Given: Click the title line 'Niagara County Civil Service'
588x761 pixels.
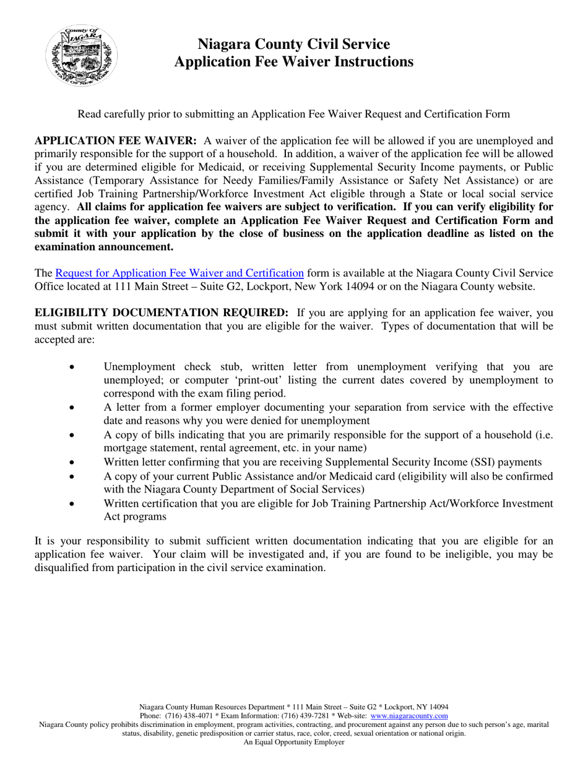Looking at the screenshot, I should [293, 44].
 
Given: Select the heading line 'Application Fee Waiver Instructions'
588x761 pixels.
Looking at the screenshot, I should [293, 62].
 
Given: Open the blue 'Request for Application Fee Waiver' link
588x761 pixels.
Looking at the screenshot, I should [179, 273].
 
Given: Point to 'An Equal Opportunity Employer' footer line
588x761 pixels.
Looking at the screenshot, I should [293, 742].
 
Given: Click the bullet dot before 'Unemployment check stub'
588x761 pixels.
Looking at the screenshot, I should [73, 366].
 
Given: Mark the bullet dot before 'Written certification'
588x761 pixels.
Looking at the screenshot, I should [73, 504].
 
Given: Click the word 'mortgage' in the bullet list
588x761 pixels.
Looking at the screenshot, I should [124, 448].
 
